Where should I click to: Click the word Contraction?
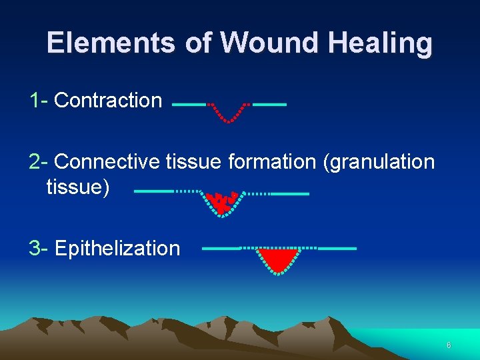tap(108, 101)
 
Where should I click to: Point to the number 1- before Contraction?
tap(38, 101)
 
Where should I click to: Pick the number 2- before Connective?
tap(38, 162)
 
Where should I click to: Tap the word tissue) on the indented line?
tap(78, 187)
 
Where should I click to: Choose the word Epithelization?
tap(117, 249)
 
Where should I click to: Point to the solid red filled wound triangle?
tap(279, 257)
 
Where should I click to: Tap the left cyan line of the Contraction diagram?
tap(189, 105)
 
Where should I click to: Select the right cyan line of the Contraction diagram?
tap(270, 105)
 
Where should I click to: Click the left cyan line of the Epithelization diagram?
tap(221, 248)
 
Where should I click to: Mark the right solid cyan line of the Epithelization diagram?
tap(337, 248)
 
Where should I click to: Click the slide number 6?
tap(449, 345)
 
